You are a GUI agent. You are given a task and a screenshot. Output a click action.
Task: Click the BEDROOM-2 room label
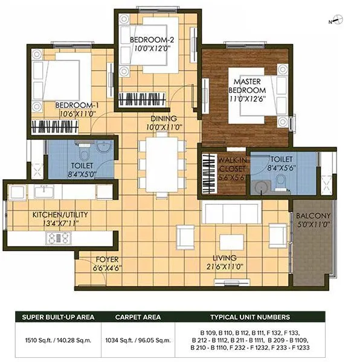(x=152, y=40)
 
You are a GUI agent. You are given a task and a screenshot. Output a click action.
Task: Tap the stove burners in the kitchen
(x=59, y=238)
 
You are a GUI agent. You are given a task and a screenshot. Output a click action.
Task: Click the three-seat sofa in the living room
(x=230, y=212)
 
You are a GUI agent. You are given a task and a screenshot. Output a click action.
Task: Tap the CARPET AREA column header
(x=137, y=317)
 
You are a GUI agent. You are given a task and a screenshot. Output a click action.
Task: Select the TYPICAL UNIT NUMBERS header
(x=249, y=317)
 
